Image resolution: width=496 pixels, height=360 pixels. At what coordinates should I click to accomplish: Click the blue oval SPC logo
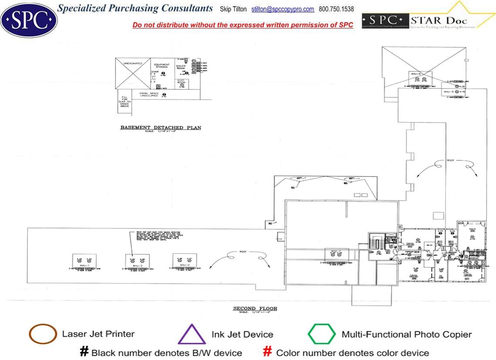[x=29, y=19]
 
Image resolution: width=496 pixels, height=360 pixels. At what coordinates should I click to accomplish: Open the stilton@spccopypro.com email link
[x=283, y=9]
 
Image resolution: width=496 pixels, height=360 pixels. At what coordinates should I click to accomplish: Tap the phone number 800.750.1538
[x=336, y=9]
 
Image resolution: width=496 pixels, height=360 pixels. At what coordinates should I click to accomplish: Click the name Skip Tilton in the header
[x=234, y=9]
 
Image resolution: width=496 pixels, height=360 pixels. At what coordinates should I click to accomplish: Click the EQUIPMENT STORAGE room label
[x=161, y=66]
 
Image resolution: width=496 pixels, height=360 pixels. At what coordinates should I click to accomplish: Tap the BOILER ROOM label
[x=181, y=67]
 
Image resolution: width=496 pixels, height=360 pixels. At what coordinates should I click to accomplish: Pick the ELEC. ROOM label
[x=182, y=81]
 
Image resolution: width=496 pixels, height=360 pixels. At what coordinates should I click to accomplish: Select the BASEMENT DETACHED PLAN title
[x=161, y=128]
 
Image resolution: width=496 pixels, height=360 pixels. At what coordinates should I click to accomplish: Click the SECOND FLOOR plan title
[x=255, y=309]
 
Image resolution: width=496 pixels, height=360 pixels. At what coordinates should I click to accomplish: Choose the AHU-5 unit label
[x=449, y=92]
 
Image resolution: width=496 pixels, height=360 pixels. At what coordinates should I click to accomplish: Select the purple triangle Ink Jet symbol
[x=192, y=334]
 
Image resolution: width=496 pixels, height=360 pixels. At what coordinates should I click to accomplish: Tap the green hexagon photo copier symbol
[x=322, y=334]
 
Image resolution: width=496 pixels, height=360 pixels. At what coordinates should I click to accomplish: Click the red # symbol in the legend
[x=268, y=352]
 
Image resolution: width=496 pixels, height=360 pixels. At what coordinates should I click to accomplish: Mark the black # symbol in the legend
[x=84, y=352]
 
